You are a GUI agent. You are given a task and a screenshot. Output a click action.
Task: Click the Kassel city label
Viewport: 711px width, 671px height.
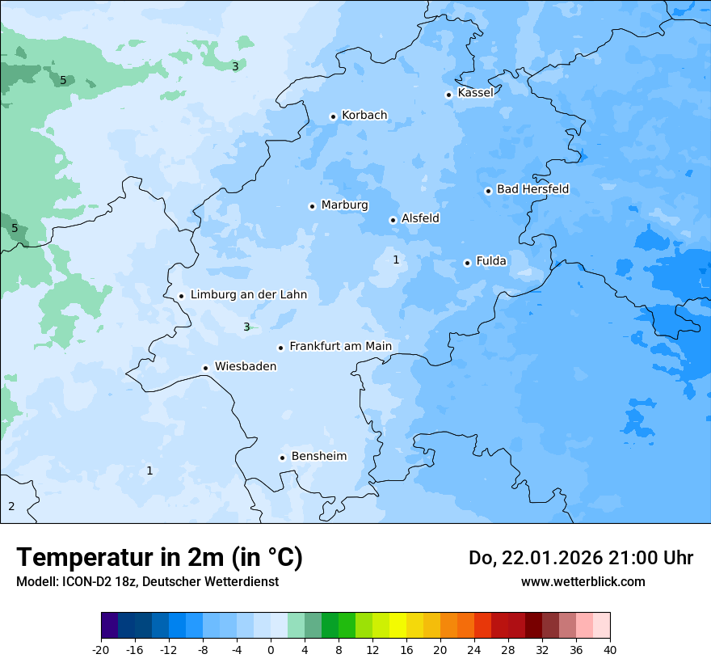coord(475,93)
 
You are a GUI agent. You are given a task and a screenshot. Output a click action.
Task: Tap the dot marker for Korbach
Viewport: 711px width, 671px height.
coord(333,116)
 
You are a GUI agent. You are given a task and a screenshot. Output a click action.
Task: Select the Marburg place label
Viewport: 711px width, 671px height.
coord(344,205)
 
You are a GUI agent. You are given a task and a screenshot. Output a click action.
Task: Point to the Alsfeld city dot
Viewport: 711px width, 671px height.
coord(393,220)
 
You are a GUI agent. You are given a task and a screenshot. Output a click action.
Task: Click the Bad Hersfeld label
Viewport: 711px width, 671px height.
coord(532,189)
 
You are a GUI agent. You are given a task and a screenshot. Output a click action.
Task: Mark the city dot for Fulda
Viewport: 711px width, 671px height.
coord(467,263)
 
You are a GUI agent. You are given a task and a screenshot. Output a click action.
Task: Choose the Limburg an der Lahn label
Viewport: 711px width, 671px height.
coord(248,295)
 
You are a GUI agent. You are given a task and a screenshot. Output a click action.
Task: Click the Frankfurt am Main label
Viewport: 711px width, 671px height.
coord(340,346)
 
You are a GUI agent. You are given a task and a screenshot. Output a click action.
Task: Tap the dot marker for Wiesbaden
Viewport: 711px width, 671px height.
coord(206,368)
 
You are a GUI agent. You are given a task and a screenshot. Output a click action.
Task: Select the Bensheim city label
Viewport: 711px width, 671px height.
coord(318,456)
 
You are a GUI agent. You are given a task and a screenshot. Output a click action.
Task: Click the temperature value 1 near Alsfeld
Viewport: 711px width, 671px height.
coord(396,260)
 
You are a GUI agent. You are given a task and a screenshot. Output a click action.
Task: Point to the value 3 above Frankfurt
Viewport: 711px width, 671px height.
coord(246,327)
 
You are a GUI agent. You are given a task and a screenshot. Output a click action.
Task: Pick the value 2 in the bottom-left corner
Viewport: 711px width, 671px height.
coord(11,506)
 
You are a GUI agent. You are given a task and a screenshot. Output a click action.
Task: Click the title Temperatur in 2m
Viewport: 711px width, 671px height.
coord(159,557)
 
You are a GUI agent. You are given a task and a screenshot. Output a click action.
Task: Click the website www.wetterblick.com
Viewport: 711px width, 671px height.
coord(583,581)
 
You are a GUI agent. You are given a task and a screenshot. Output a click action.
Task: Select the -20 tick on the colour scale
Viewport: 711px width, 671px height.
coord(101,649)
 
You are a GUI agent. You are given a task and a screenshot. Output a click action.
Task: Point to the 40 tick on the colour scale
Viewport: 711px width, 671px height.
coord(610,649)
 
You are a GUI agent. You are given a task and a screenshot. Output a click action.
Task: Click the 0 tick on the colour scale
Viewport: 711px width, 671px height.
coord(271,649)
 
